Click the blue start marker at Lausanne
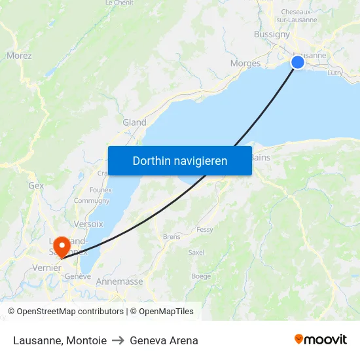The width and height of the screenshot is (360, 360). [298, 62]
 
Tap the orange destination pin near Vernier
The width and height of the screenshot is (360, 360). [62, 246]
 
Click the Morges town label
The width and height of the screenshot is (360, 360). [245, 63]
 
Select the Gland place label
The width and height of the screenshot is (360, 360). [134, 122]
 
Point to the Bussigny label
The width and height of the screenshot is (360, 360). [272, 34]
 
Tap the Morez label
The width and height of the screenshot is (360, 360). [19, 56]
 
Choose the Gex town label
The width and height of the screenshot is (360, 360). [36, 185]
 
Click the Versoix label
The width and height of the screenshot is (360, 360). [88, 224]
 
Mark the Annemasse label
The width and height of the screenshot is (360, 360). [119, 281]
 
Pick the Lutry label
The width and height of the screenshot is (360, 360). [334, 73]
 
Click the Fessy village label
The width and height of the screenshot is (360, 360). [205, 230]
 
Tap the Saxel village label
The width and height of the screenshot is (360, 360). [196, 251]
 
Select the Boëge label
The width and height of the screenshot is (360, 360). [201, 276]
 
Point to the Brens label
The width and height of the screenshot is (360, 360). [171, 237]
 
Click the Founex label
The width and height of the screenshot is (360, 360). [100, 190]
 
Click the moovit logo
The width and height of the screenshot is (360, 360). [320, 339]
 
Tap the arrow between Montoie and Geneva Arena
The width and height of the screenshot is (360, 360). [118, 340]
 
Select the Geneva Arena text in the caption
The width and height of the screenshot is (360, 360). [164, 340]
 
